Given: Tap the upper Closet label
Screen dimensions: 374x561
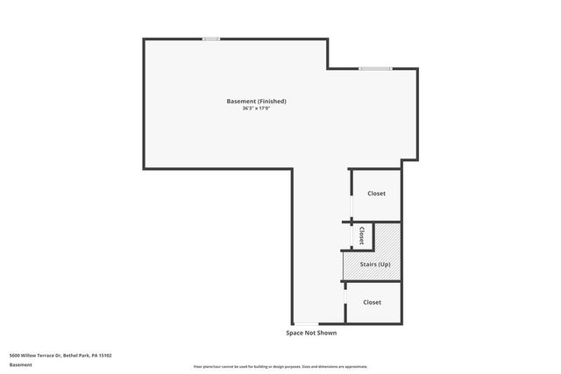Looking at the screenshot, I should tap(376, 194).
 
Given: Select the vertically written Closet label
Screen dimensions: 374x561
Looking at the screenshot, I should tap(361, 236).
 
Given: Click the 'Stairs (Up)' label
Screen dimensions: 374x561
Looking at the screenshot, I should tap(375, 264).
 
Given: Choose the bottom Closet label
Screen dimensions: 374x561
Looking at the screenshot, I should tap(373, 302).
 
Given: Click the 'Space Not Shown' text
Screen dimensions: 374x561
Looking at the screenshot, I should tap(311, 333).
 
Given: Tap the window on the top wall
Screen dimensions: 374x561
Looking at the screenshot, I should tap(211, 39).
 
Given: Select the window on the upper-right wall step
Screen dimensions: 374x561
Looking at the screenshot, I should tap(374, 68).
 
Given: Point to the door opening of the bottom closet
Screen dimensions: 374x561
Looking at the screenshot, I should tap(345, 302).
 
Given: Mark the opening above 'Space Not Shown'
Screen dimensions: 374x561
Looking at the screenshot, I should tap(306, 323).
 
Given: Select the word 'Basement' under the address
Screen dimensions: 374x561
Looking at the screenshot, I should tap(20, 364).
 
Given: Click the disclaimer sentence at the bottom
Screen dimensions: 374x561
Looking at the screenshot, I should tap(280, 366).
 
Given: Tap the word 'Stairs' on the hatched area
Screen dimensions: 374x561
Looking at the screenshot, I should tap(369, 264).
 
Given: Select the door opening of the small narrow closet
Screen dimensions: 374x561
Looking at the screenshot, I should tap(351, 236).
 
